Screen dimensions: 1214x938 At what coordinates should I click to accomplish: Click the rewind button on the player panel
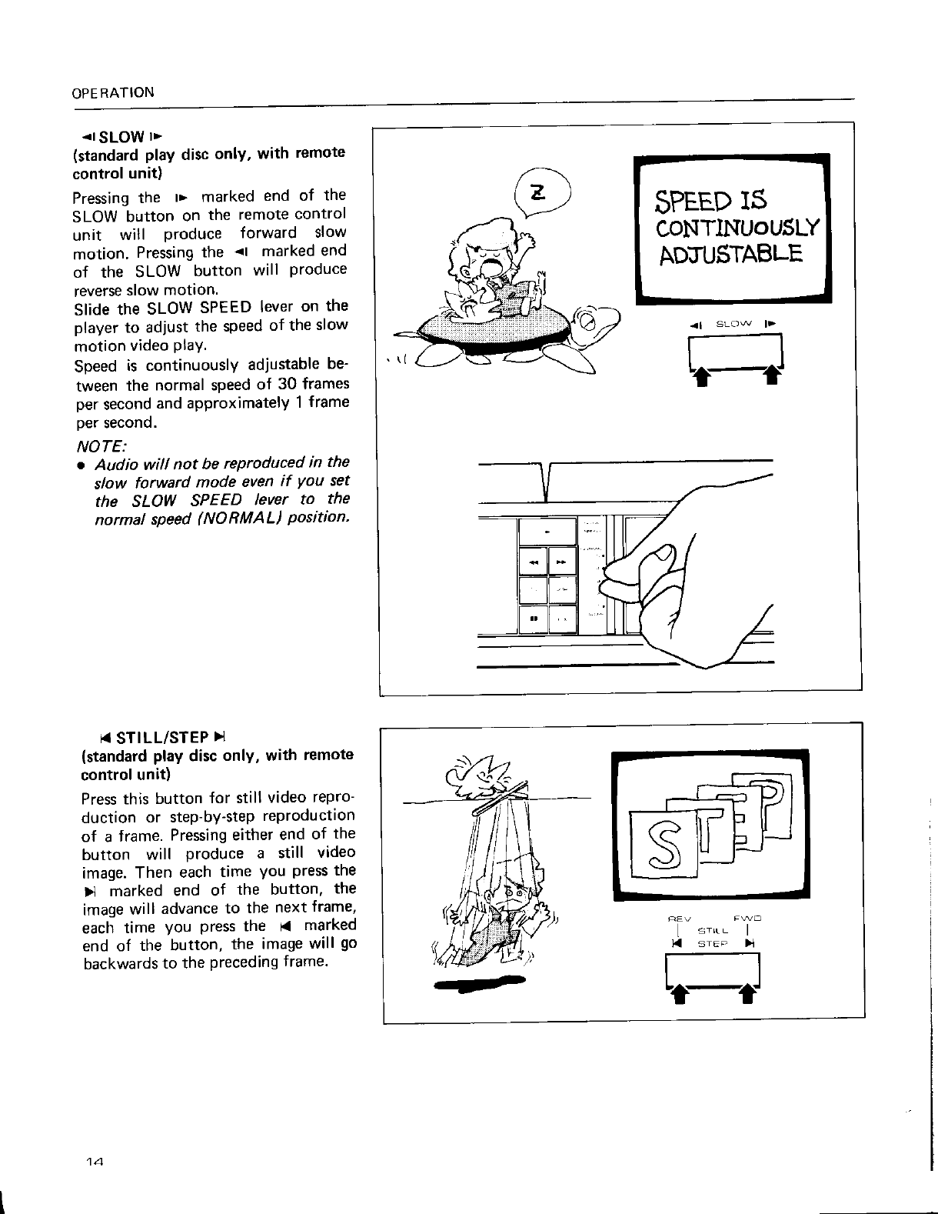pos(533,561)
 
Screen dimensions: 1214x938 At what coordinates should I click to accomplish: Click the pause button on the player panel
pos(533,617)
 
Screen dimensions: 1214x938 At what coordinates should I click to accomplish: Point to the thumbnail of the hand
pos(659,555)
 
